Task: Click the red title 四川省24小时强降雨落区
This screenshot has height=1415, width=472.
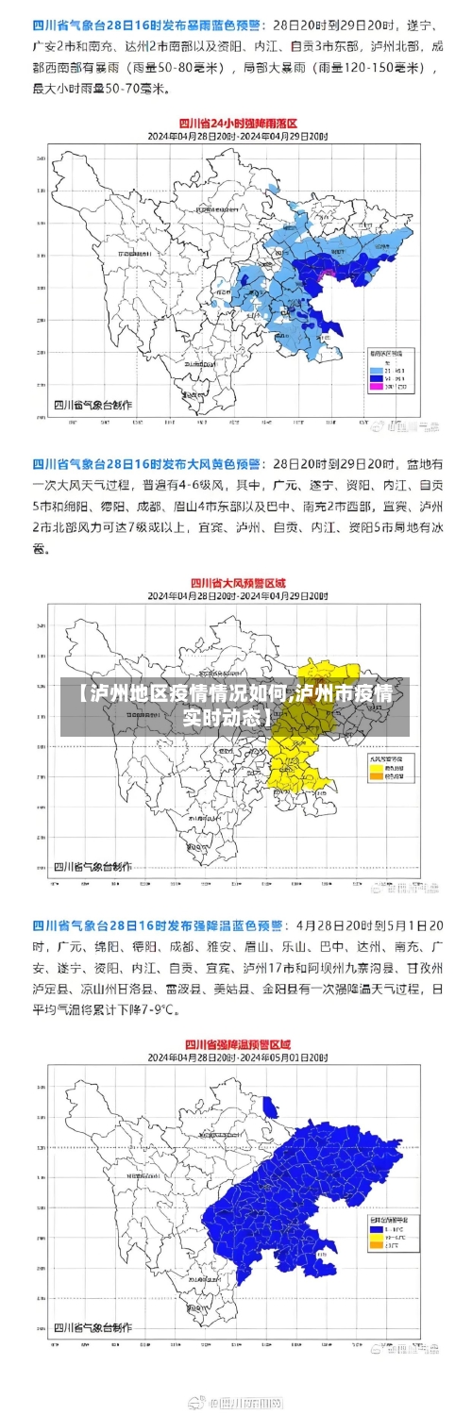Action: (238, 123)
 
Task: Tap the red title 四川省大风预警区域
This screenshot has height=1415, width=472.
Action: (238, 583)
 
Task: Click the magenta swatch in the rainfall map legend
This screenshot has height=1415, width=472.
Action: (376, 387)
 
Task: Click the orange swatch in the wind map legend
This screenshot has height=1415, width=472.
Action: (376, 778)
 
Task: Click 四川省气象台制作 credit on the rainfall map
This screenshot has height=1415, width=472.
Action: (93, 405)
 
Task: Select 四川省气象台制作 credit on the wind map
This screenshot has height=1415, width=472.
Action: (93, 866)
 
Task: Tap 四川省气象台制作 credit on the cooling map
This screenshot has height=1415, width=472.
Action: (93, 1328)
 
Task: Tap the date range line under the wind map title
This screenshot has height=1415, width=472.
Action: (238, 597)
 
